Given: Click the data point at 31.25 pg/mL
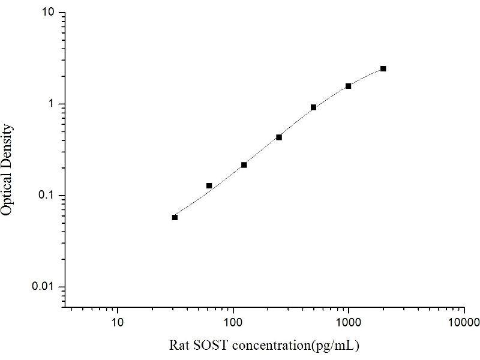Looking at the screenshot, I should (x=175, y=217).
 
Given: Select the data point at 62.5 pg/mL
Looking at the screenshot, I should (x=209, y=186).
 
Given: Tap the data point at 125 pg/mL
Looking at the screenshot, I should (x=244, y=165).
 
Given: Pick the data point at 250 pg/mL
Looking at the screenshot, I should (x=279, y=137).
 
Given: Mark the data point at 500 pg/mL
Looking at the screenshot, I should (x=314, y=107).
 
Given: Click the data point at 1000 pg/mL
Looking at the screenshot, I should (x=349, y=86).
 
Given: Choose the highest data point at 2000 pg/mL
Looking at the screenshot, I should (x=383, y=69).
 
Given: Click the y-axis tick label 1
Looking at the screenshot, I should (x=52, y=104).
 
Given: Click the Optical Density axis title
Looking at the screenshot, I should (x=8, y=169).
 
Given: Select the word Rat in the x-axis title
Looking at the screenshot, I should (x=179, y=346).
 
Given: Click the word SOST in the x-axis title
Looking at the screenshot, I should (x=207, y=346).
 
